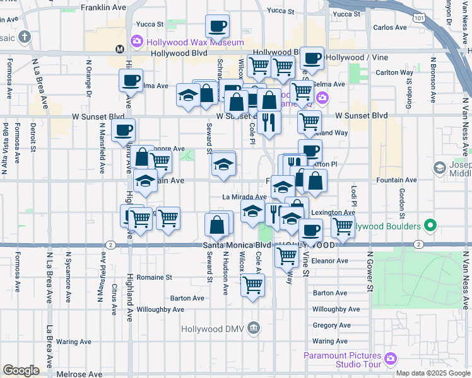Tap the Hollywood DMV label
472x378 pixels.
(x=211, y=328)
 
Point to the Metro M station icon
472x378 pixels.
(x=119, y=49)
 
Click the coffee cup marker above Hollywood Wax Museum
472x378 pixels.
(x=217, y=26)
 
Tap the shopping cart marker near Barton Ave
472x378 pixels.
(x=253, y=285)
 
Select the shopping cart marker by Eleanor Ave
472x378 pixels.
(x=287, y=256)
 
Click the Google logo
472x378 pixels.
(x=21, y=370)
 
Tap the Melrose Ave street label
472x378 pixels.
(x=80, y=374)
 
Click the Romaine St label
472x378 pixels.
(x=153, y=277)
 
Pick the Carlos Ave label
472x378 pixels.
(x=390, y=28)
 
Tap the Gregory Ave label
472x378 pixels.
(x=331, y=326)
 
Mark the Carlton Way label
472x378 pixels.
(x=394, y=72)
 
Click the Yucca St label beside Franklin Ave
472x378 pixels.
(x=151, y=25)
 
